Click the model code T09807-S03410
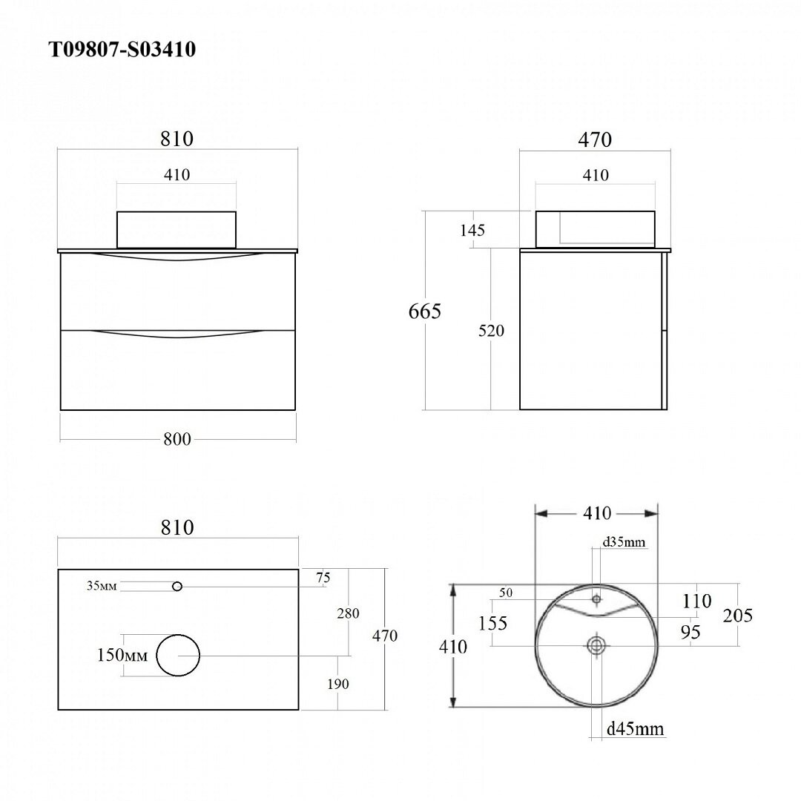(122, 50)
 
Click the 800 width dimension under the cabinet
(177, 439)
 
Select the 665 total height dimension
(424, 311)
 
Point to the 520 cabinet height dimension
(491, 331)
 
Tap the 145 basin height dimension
(472, 231)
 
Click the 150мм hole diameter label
(122, 654)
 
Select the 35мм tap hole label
(102, 585)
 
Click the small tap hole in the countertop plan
(177, 587)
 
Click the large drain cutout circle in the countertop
(178, 656)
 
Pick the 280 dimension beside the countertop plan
(348, 613)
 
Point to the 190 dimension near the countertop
(338, 684)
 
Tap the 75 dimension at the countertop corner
(323, 578)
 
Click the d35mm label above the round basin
(624, 541)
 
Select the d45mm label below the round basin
(636, 728)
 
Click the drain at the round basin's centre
(596, 646)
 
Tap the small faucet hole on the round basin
(596, 599)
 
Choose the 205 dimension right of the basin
(738, 615)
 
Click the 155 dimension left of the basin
(492, 623)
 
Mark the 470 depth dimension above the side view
(595, 139)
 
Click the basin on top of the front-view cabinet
(177, 229)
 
